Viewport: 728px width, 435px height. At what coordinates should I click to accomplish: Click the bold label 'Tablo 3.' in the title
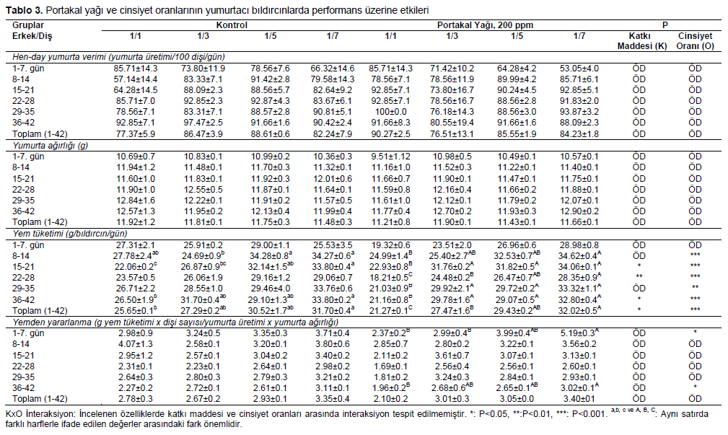point(24,10)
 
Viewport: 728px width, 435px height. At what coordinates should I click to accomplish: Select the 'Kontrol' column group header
point(232,25)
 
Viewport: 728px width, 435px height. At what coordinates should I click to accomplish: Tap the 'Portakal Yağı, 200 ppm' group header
point(485,25)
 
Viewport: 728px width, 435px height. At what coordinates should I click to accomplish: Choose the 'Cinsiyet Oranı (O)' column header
point(695,41)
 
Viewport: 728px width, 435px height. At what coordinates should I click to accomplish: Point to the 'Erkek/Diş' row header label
point(32,36)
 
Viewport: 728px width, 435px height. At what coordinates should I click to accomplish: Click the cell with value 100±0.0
point(390,112)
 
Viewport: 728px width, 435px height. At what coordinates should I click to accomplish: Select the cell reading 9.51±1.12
point(390,157)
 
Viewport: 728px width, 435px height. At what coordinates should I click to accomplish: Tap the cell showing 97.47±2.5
point(203,123)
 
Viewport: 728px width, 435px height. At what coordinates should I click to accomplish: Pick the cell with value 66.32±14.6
point(333,69)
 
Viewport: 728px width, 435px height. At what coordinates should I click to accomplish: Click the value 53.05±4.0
point(579,69)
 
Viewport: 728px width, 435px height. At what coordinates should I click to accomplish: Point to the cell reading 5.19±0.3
point(580,333)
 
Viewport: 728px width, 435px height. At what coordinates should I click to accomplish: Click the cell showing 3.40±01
point(579,399)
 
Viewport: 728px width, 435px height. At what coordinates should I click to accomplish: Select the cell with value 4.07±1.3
point(136,344)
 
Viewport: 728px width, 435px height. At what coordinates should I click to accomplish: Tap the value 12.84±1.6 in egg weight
point(136,201)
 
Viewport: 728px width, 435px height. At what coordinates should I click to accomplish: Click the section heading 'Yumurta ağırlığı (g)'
point(50,145)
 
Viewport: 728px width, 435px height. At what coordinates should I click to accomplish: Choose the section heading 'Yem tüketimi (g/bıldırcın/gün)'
point(70,234)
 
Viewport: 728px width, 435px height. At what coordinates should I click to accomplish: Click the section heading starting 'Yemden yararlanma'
point(175,322)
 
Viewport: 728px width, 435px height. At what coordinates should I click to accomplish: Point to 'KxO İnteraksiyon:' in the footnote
point(41,413)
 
